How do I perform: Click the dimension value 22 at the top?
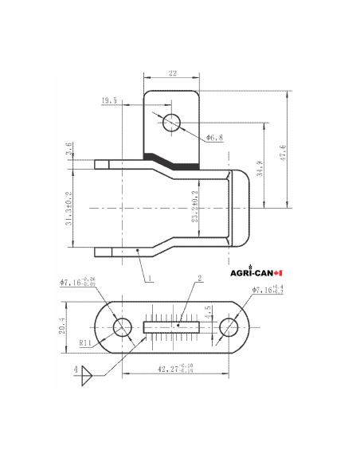click(171, 73)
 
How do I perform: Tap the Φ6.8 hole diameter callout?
click(215, 138)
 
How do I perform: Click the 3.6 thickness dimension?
click(69, 149)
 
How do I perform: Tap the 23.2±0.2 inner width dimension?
click(195, 209)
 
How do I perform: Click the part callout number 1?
click(148, 279)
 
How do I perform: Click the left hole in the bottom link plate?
click(122, 326)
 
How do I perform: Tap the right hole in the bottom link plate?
click(228, 326)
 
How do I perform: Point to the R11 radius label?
click(85, 344)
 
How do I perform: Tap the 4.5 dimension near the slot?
click(209, 312)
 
